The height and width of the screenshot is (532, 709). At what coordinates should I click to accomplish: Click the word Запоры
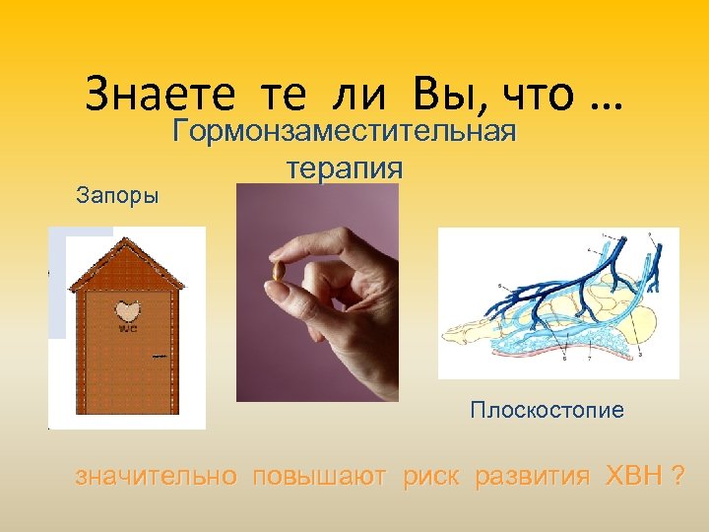118,194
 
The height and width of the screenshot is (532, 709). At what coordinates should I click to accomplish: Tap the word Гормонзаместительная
345,132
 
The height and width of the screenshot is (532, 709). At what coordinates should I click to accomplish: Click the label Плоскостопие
547,410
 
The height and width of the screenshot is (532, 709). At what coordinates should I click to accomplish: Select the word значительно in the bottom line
157,477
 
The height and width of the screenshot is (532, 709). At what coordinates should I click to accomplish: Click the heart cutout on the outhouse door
127,310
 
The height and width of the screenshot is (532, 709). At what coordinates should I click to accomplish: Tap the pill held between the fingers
278,270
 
